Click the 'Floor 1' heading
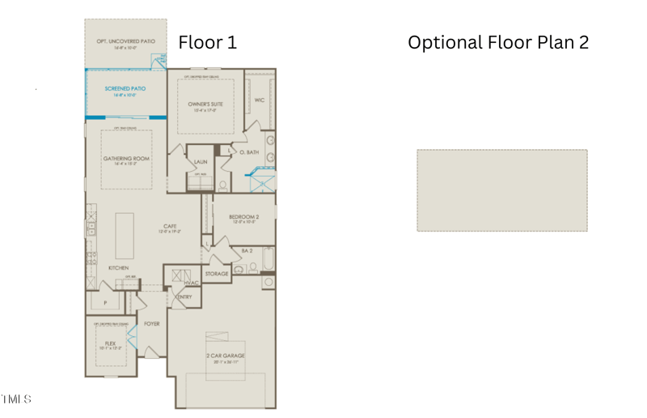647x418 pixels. tap(207, 42)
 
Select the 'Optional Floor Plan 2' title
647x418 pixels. tap(498, 42)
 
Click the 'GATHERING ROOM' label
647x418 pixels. tap(125, 159)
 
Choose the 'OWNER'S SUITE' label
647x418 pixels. tap(205, 104)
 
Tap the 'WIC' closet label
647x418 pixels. tap(260, 100)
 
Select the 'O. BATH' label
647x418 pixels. tap(249, 152)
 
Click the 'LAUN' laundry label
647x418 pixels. tap(200, 162)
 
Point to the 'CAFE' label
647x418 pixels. tap(169, 226)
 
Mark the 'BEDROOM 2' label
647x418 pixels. tap(243, 217)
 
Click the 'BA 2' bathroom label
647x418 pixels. tap(247, 251)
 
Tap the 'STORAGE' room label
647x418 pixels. tap(217, 274)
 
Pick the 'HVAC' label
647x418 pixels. tap(192, 283)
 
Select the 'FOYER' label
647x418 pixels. tap(151, 324)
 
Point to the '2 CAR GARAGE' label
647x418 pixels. tap(225, 356)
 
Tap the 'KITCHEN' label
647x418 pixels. tap(119, 268)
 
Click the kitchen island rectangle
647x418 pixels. tap(125, 235)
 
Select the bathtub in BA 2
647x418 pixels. tap(269, 261)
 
